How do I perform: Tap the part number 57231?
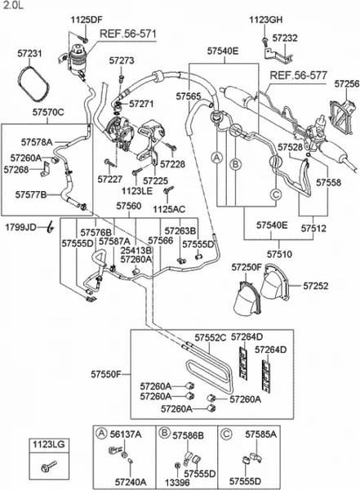[x=30, y=53]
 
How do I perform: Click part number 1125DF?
[x=86, y=18]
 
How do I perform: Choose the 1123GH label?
[x=265, y=18]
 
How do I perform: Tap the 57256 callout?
[x=346, y=84]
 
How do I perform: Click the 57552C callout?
[x=210, y=337]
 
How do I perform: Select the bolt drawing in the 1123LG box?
[x=44, y=469]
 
